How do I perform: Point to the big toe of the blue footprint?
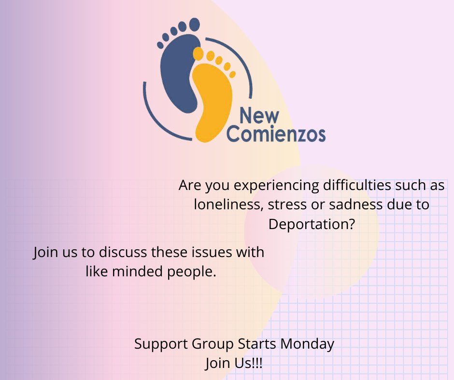tap(194, 24)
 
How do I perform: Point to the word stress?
tap(288, 205)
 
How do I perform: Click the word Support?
tap(160, 344)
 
